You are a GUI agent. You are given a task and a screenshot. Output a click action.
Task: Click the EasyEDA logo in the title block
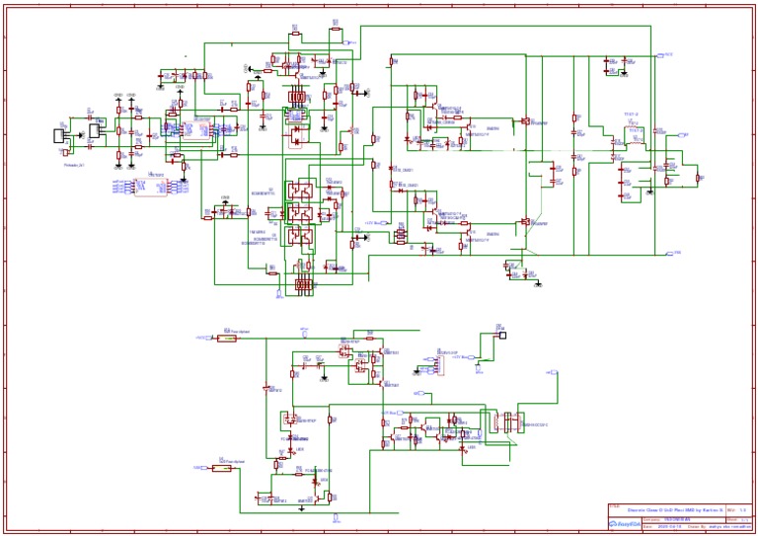tap(624, 525)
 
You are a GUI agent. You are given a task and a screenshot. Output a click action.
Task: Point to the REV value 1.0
tap(743, 509)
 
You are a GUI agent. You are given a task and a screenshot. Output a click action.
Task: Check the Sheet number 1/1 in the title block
tap(743, 517)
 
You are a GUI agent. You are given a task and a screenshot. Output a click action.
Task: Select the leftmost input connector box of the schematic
tap(59, 135)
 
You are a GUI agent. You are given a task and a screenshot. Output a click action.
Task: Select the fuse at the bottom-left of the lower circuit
tap(221, 468)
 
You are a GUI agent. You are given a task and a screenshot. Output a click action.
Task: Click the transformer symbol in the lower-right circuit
tap(511, 421)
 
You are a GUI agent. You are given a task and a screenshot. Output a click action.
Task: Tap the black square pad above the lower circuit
tap(502, 335)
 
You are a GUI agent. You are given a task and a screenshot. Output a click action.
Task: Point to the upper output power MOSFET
tap(527, 123)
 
